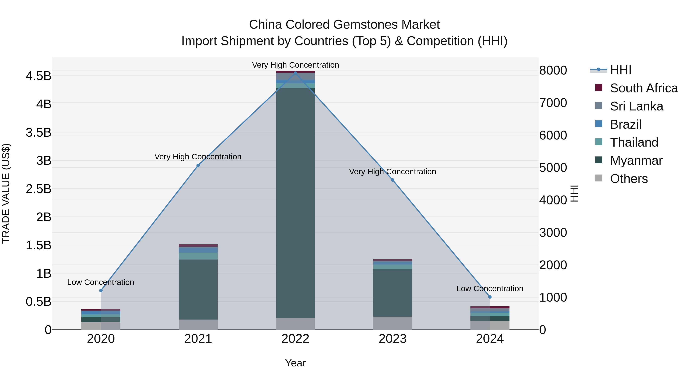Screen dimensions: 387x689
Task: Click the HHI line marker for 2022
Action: (x=295, y=73)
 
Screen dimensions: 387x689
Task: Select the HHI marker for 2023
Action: (x=393, y=180)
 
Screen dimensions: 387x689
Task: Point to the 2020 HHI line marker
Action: (x=101, y=290)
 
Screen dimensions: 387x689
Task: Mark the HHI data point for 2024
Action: (x=490, y=297)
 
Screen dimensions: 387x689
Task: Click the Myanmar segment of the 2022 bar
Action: (x=295, y=203)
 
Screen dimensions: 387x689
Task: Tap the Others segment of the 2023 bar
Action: (x=393, y=323)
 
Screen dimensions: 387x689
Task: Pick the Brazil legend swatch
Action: (x=599, y=124)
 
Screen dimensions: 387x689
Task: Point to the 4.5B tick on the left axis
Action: (x=38, y=76)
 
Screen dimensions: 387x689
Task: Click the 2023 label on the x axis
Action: (x=393, y=339)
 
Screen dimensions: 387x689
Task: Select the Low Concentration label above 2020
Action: (x=100, y=282)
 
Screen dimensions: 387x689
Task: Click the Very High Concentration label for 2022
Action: (x=295, y=65)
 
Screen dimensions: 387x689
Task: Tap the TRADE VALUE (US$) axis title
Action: (x=6, y=193)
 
